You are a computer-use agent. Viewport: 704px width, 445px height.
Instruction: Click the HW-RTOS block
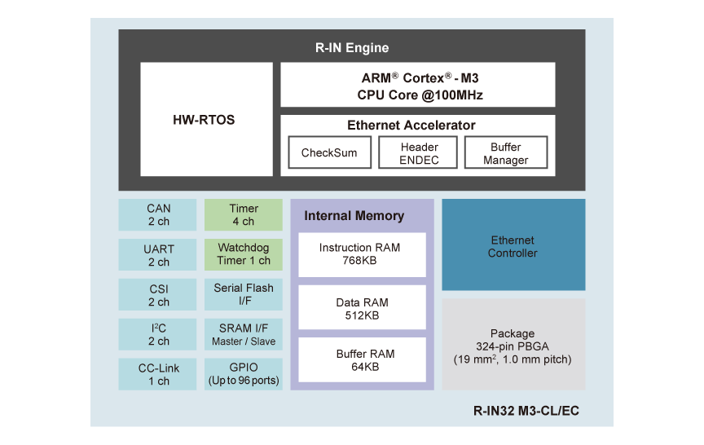(206, 120)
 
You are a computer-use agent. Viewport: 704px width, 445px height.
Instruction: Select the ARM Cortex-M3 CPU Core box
(417, 86)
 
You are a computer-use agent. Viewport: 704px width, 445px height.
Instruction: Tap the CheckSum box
(329, 152)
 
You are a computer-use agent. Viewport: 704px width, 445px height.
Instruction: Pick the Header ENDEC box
(420, 153)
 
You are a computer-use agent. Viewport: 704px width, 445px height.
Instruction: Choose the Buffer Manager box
(506, 153)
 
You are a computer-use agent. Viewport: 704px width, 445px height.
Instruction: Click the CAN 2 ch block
(158, 214)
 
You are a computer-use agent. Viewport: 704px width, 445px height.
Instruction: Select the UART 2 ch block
(158, 255)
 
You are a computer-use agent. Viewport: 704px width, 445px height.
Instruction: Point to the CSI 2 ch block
(158, 295)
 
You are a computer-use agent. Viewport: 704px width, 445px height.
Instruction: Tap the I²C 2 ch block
(158, 335)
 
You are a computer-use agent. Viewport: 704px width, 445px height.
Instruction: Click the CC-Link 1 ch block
(158, 374)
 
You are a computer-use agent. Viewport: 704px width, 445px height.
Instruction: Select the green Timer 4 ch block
(244, 214)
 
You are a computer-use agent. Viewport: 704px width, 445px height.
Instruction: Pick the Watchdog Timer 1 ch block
(244, 254)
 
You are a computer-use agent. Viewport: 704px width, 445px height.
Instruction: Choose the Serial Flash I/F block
(244, 294)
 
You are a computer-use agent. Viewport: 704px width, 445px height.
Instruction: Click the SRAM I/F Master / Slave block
(244, 334)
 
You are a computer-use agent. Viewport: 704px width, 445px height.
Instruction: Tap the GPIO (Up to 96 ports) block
(244, 374)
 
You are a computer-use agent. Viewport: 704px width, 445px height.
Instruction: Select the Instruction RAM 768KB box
(362, 254)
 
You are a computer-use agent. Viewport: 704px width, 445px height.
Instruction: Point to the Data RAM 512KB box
(362, 307)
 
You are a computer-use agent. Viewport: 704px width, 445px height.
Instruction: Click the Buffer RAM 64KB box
(362, 360)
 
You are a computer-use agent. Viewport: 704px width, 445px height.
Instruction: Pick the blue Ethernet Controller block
(513, 245)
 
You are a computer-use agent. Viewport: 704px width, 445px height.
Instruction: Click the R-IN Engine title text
(352, 47)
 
